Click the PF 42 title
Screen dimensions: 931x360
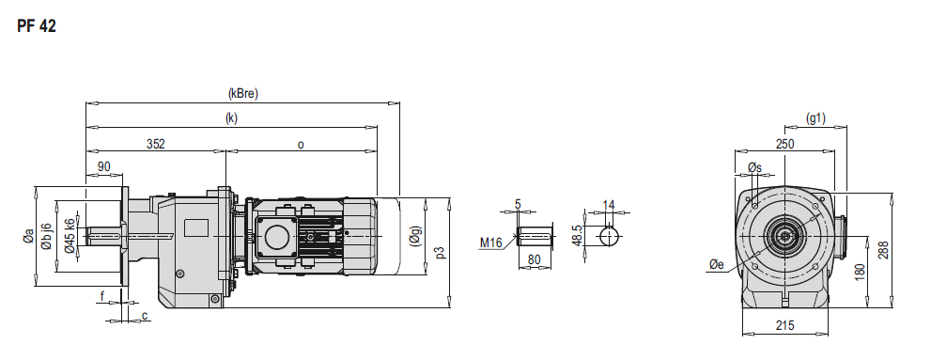[x=37, y=26]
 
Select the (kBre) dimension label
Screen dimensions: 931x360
[x=243, y=94]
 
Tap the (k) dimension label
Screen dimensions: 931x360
[x=231, y=118]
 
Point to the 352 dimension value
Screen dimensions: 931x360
[x=155, y=144]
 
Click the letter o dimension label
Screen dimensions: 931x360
[x=301, y=145]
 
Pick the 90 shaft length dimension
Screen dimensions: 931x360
[x=104, y=167]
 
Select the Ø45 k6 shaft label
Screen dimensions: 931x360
[x=70, y=235]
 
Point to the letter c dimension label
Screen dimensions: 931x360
[x=145, y=316]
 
